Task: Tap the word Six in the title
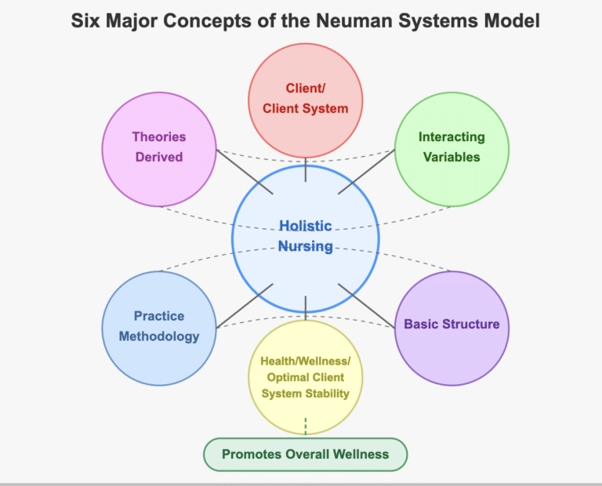point(87,21)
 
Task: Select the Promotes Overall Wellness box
point(306,454)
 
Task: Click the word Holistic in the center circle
point(306,226)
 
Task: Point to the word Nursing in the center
point(306,246)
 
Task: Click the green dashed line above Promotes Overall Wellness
point(306,426)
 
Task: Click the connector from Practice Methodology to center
point(244,306)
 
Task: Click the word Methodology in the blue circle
point(159,336)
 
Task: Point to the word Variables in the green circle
point(451,157)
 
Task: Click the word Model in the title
point(514,21)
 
